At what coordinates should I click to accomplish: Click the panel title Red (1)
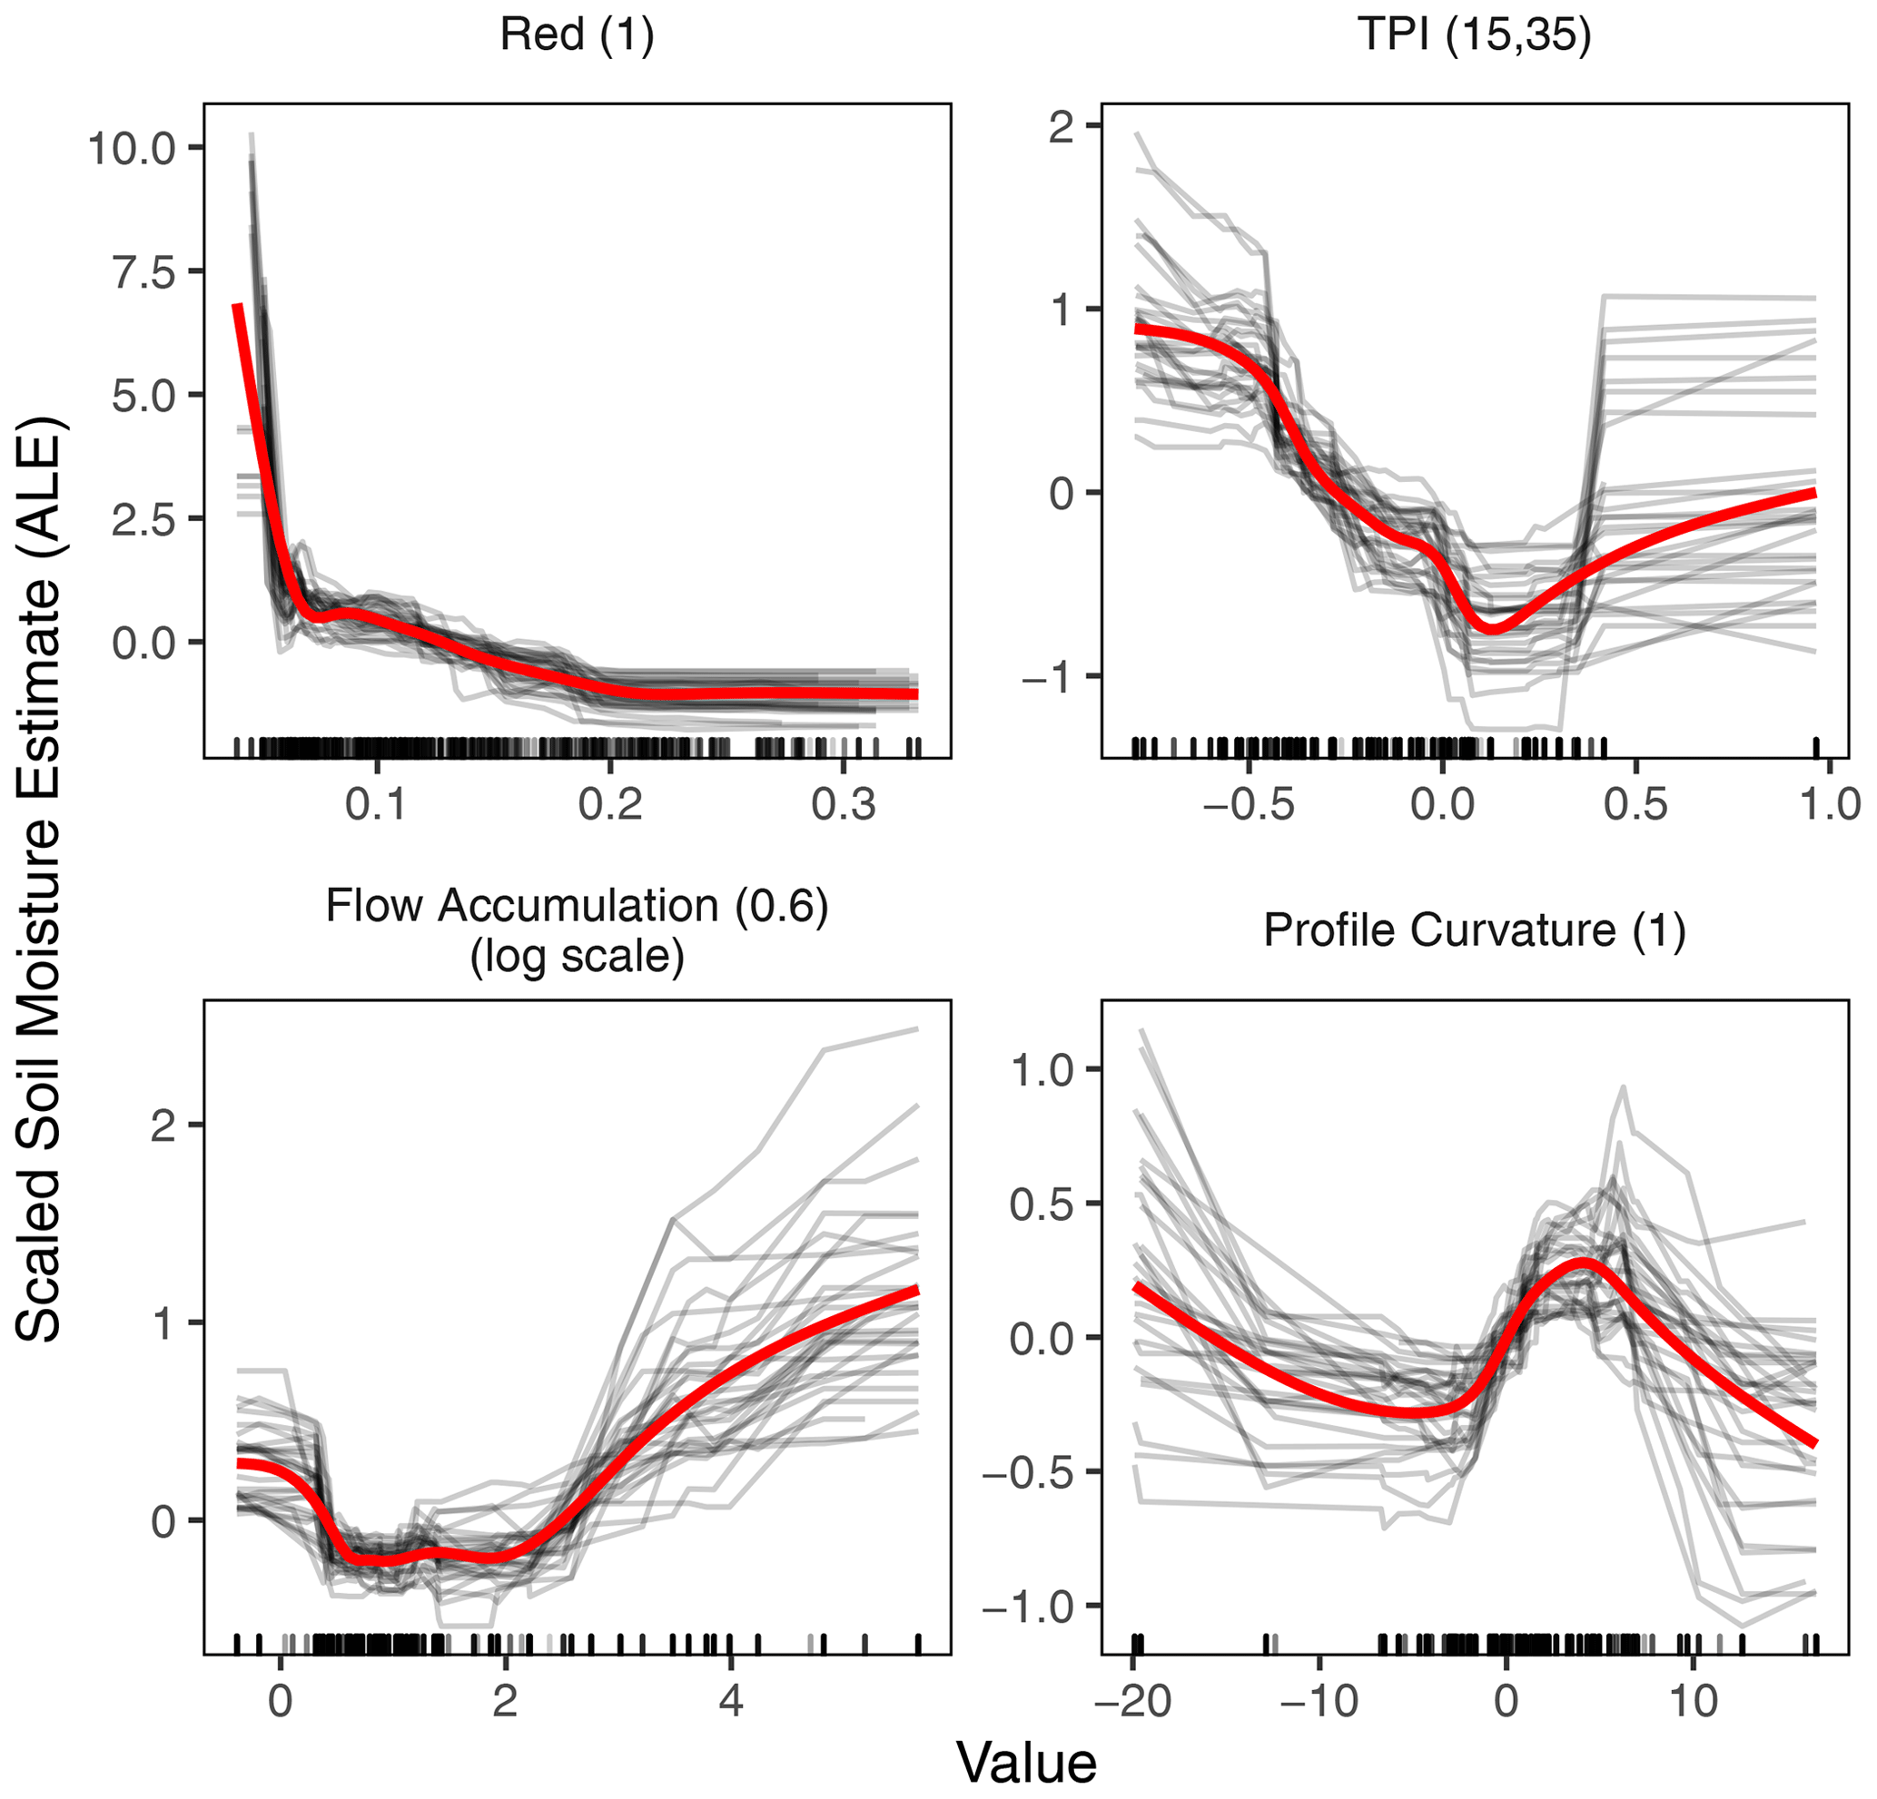(x=577, y=35)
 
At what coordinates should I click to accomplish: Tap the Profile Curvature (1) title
(x=1474, y=929)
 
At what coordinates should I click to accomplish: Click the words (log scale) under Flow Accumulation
(x=577, y=957)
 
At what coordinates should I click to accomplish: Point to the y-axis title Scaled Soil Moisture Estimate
(x=39, y=878)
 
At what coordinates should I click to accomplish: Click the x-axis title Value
(x=1027, y=1763)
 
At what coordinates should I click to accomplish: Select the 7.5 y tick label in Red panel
(x=143, y=272)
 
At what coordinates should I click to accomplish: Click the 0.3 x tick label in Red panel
(x=843, y=805)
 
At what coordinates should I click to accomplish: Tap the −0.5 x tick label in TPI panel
(x=1249, y=805)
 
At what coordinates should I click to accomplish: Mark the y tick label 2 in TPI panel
(x=1060, y=127)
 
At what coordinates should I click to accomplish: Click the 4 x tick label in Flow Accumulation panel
(x=731, y=1701)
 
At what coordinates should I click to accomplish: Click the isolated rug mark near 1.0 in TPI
(x=1817, y=747)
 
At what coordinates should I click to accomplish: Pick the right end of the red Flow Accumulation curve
(x=916, y=1291)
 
